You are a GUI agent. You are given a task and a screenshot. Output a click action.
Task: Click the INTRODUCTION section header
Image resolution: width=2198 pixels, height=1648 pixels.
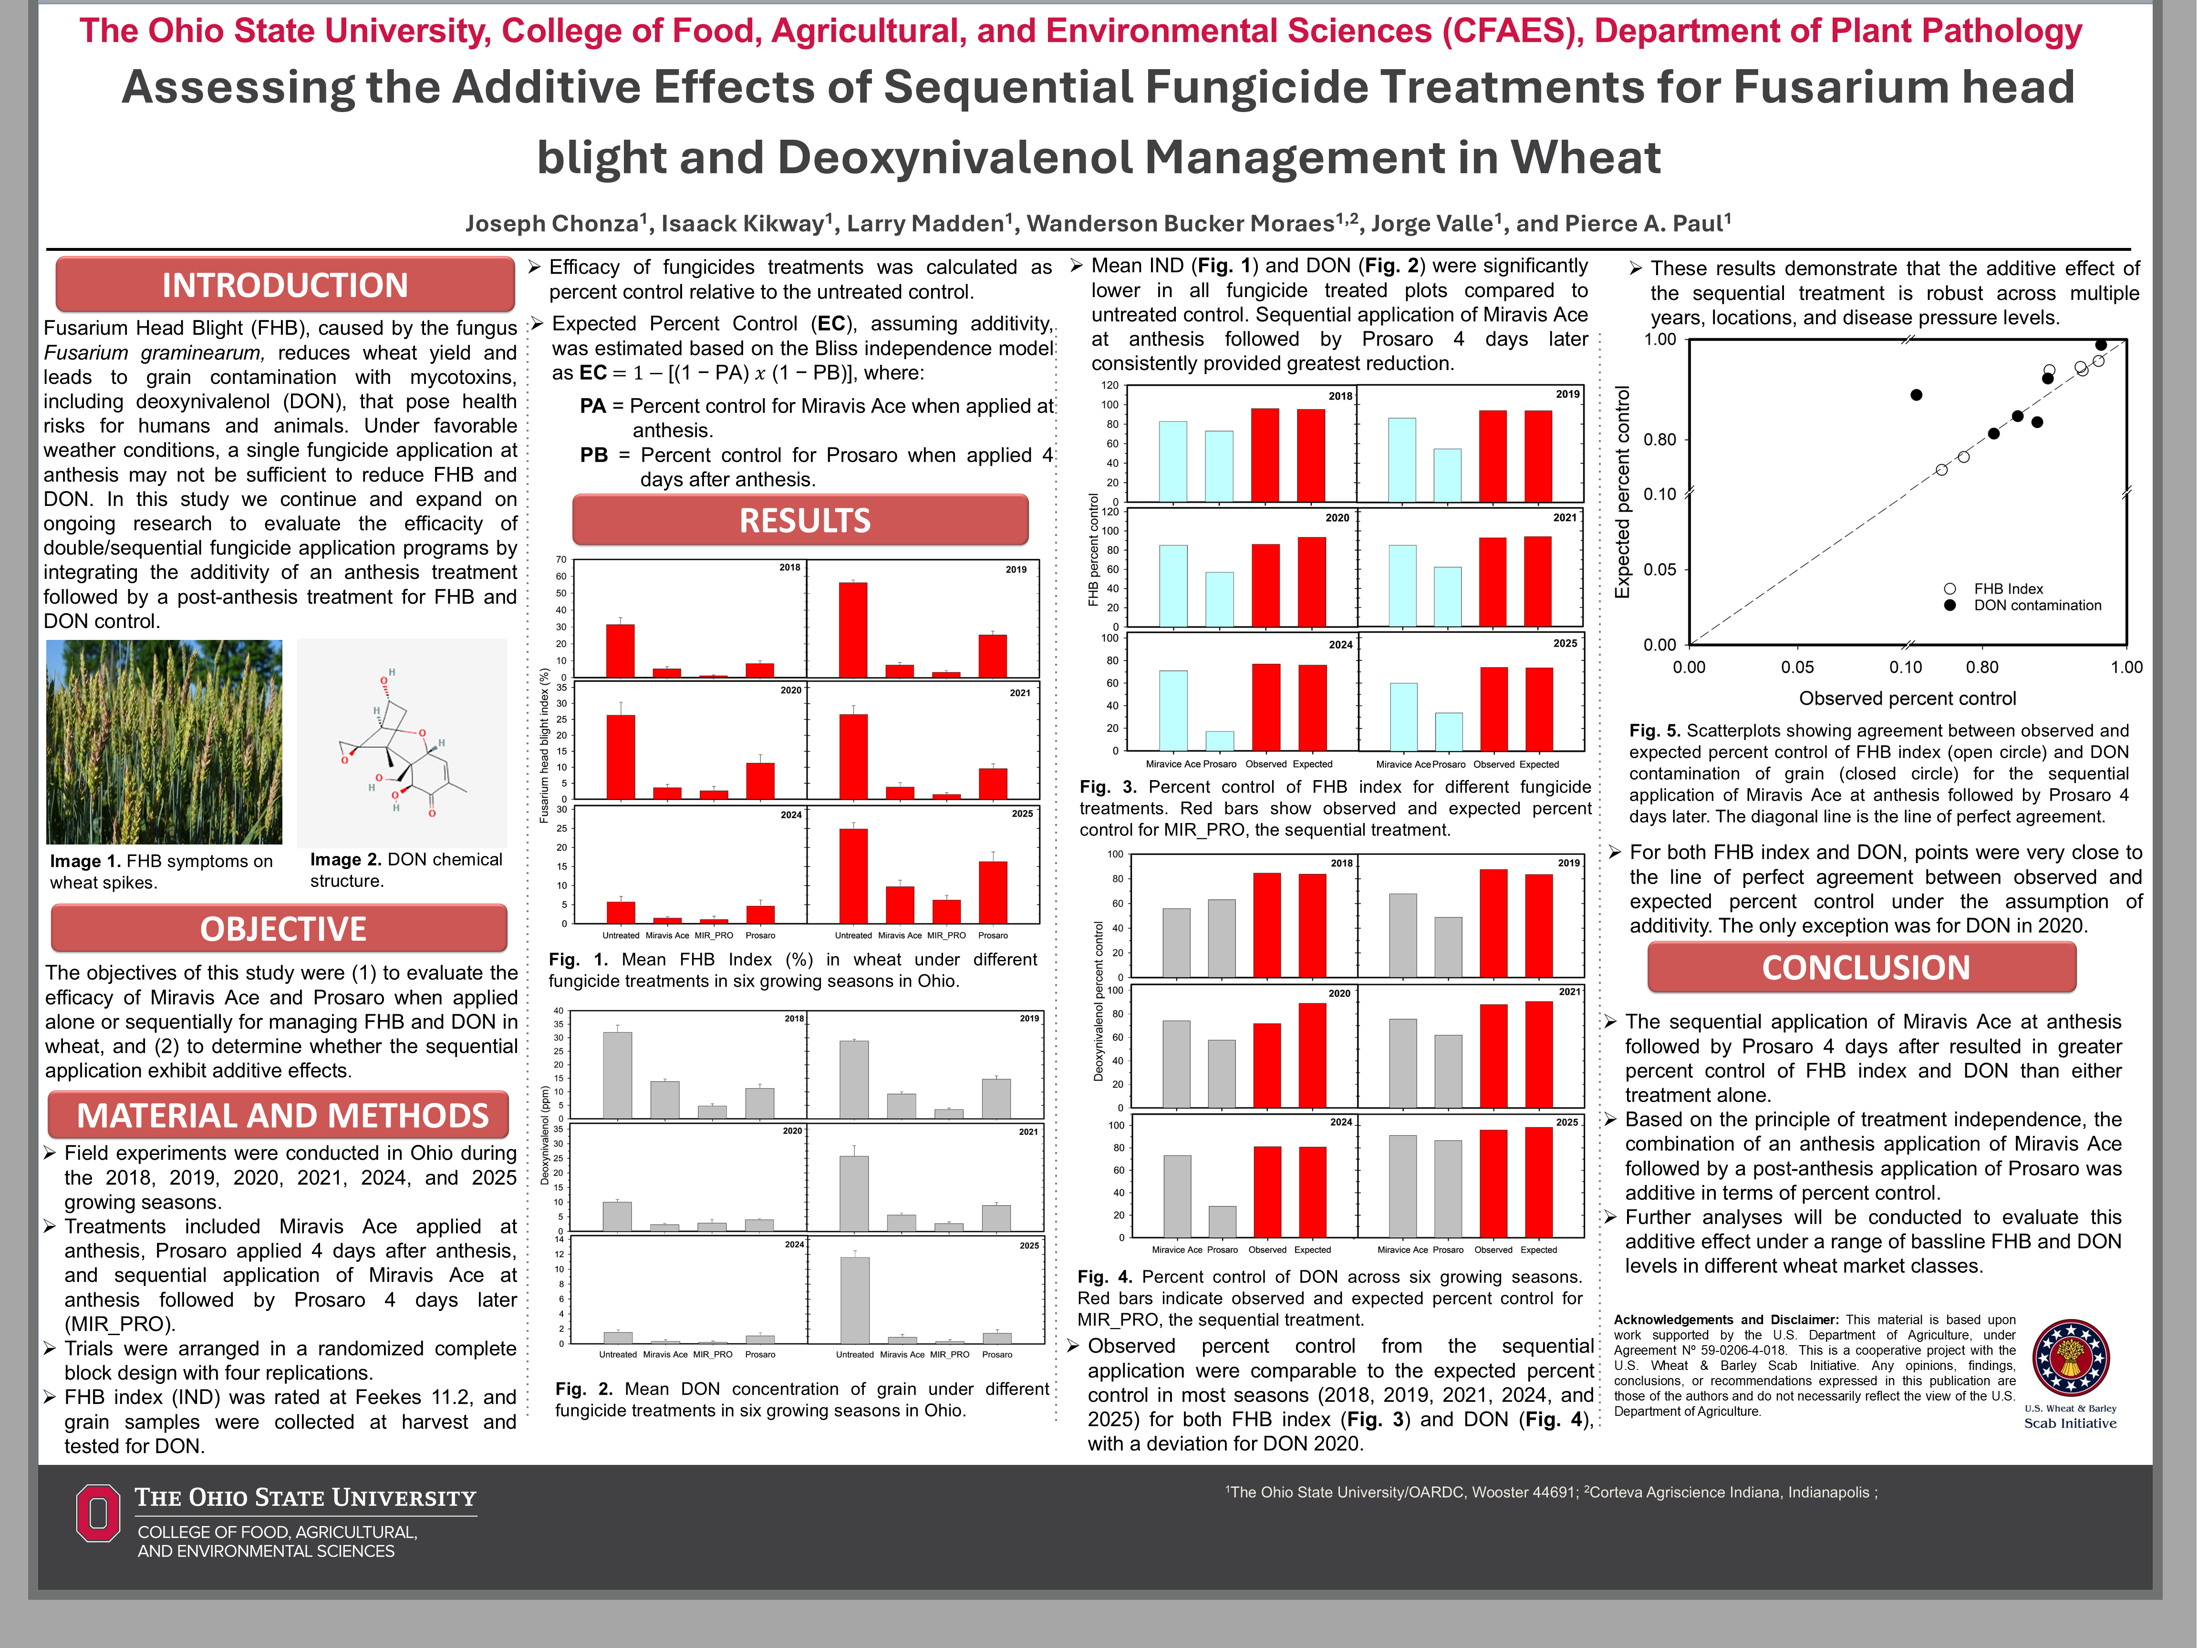click(285, 285)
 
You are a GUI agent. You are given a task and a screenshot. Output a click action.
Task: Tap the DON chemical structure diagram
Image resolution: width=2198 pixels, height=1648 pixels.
click(403, 742)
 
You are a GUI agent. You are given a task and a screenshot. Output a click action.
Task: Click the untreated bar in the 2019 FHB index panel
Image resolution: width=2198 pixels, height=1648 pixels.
click(852, 630)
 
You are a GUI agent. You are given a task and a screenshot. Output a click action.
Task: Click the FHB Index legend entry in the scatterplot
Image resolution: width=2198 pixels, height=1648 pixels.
click(2007, 589)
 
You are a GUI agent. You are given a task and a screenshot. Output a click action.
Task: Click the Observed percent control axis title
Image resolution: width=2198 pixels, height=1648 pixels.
click(1907, 698)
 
